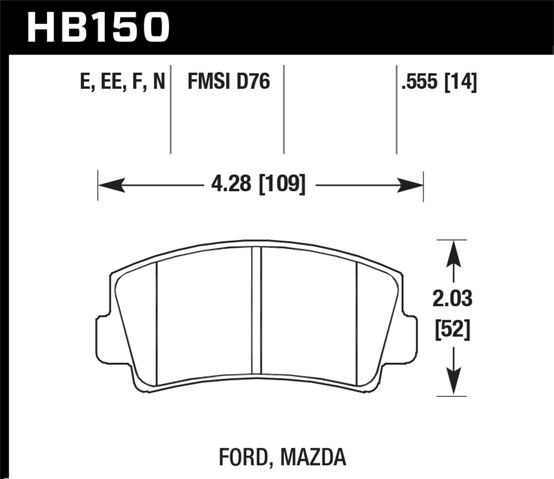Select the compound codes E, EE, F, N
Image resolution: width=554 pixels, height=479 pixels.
[122, 82]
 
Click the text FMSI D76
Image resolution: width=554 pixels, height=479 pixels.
[229, 82]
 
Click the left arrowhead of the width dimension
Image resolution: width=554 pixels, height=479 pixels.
[111, 185]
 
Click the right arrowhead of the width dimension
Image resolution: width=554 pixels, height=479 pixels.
[410, 185]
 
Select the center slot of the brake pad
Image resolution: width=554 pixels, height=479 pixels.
[256, 310]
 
